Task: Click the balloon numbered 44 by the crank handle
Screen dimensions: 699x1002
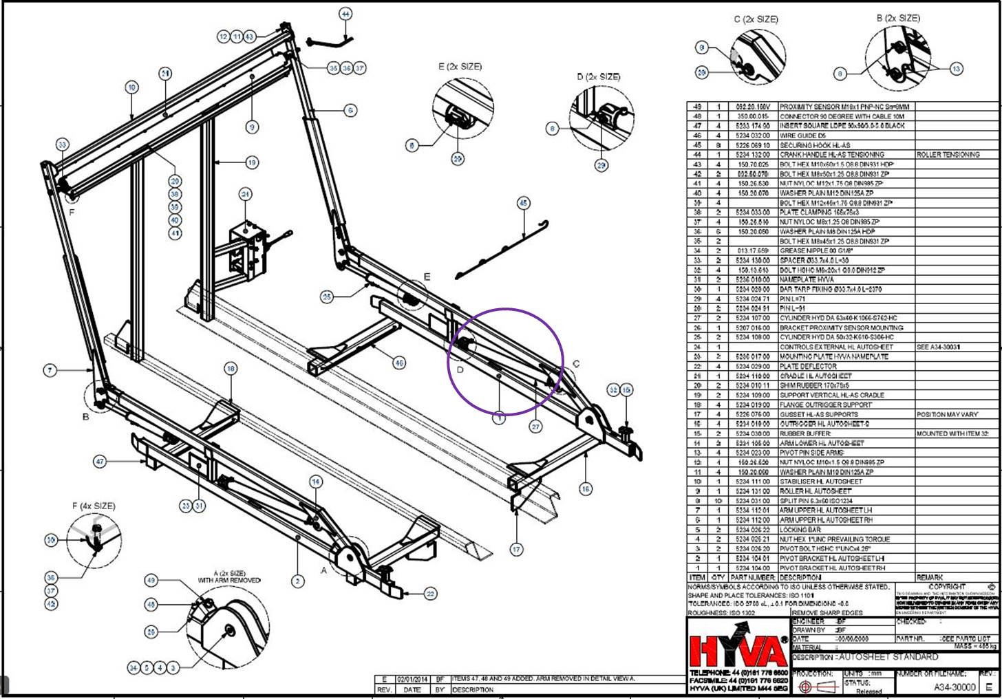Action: coord(345,14)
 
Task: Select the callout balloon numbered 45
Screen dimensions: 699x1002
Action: coord(524,203)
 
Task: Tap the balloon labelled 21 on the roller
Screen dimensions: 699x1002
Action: coord(165,74)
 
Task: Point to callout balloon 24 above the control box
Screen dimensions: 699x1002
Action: coord(246,195)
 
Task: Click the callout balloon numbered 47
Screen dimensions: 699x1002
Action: coord(100,462)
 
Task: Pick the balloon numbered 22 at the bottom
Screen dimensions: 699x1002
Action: coord(430,594)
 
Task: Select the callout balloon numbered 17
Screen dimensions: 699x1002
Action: coord(516,549)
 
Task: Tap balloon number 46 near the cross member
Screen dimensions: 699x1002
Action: coord(398,363)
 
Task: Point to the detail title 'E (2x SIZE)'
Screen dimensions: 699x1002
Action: coord(460,67)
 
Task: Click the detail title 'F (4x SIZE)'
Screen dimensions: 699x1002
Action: coord(94,506)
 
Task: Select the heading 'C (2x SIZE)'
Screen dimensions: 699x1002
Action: coord(756,19)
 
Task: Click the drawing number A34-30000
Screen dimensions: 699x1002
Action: coord(955,687)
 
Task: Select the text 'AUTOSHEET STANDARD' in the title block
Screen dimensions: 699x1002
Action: coord(888,657)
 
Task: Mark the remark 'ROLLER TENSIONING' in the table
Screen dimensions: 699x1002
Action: coord(948,155)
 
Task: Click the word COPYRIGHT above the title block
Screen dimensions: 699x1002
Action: coord(946,587)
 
